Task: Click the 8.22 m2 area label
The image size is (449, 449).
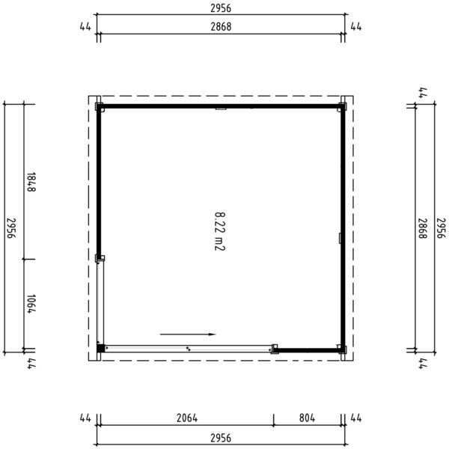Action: click(x=220, y=231)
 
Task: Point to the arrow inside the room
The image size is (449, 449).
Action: click(x=188, y=335)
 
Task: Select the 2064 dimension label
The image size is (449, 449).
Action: click(x=187, y=418)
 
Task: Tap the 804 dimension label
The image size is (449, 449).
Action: click(x=307, y=418)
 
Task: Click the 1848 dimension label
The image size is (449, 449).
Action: click(x=31, y=182)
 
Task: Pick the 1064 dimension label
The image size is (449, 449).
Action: click(x=31, y=304)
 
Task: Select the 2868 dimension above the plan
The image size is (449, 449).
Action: click(x=221, y=27)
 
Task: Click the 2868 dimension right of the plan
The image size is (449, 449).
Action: click(x=423, y=228)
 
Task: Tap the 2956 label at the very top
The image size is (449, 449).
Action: click(x=221, y=8)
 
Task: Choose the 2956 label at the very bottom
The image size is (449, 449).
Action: click(x=221, y=438)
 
